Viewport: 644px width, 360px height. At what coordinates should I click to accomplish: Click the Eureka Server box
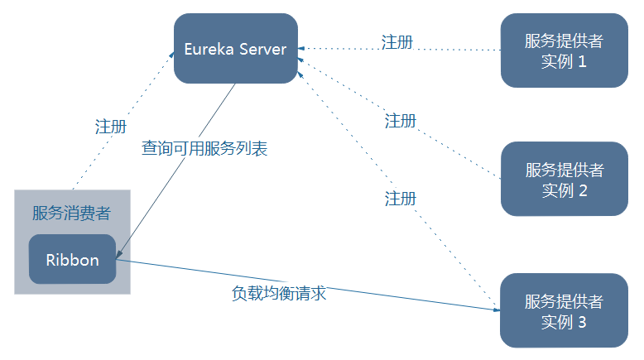(x=236, y=49)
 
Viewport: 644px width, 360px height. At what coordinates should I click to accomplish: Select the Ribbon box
(x=72, y=260)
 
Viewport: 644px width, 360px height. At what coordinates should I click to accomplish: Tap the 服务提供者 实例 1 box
(x=564, y=50)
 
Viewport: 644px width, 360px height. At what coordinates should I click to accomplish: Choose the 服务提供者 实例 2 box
(x=564, y=180)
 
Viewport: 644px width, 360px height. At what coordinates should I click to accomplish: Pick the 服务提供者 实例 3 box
(x=564, y=310)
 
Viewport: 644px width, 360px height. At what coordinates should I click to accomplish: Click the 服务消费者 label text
(x=71, y=214)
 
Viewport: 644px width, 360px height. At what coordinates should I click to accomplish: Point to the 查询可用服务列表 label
(x=204, y=149)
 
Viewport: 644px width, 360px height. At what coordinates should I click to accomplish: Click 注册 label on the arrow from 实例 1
(x=397, y=41)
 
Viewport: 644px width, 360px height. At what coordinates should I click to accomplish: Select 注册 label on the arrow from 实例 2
(x=401, y=121)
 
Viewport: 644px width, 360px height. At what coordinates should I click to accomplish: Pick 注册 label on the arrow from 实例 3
(x=401, y=199)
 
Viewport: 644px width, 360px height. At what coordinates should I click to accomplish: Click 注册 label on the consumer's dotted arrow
(x=111, y=127)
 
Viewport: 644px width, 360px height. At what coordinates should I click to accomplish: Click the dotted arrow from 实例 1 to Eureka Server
(x=447, y=50)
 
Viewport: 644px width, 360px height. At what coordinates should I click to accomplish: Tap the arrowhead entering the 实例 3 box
(x=496, y=310)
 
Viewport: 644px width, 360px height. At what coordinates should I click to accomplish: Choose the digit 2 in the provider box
(x=583, y=190)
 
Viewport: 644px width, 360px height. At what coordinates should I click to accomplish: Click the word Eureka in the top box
(x=209, y=49)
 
